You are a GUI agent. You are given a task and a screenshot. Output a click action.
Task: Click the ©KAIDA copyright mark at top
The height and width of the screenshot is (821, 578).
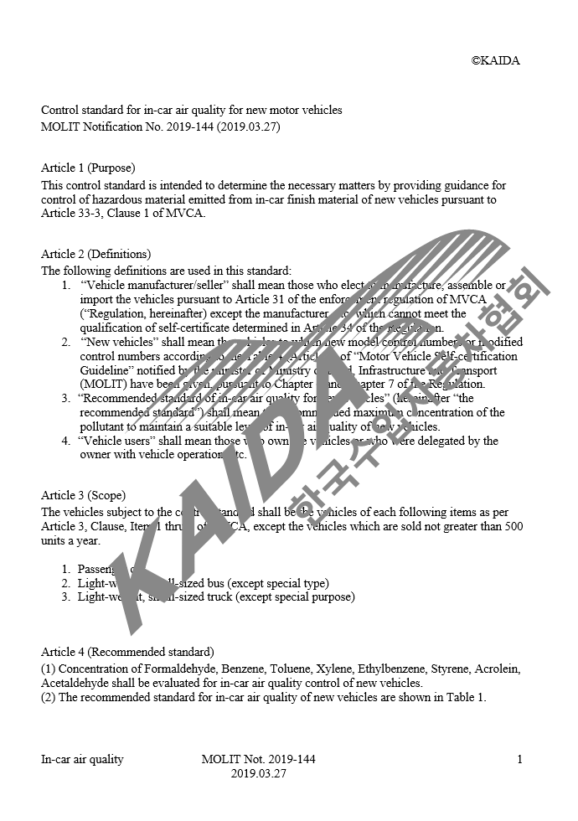[x=495, y=60]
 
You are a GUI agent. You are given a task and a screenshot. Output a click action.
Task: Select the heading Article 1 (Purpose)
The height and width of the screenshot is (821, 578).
[x=88, y=168]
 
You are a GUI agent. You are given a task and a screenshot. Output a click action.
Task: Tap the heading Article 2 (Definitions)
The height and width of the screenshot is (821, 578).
[x=95, y=254]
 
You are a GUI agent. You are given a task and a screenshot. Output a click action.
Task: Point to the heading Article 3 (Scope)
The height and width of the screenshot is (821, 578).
[x=83, y=495]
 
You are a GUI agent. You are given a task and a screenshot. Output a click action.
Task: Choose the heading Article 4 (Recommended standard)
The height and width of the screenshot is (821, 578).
[x=127, y=652]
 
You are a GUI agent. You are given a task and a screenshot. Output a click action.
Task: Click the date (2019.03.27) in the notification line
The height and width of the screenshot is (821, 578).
[x=248, y=127]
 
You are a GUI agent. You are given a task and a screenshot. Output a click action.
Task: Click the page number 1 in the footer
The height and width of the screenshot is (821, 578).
[x=519, y=760]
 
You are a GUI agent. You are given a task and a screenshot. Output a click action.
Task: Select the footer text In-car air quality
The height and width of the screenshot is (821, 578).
[x=82, y=760]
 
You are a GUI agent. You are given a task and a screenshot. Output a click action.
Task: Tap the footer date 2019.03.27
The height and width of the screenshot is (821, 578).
[x=259, y=775]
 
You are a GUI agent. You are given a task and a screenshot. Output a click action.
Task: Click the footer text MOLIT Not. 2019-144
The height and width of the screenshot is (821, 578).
[x=259, y=760]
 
